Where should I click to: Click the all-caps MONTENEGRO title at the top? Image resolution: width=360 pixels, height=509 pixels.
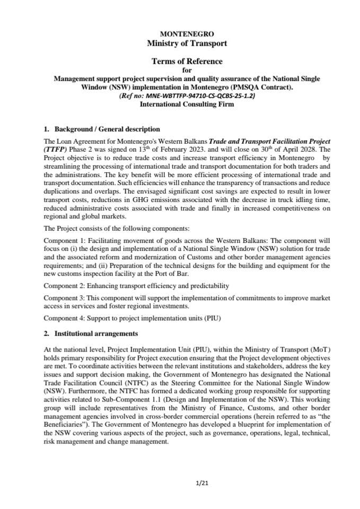[x=179, y=34]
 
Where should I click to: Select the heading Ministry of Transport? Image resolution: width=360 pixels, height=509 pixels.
[x=179, y=43]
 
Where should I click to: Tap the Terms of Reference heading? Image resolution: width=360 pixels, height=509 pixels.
[x=179, y=61]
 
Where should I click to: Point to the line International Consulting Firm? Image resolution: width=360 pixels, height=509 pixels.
[x=179, y=104]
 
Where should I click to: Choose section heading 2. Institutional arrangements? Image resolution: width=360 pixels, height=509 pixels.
[x=91, y=334]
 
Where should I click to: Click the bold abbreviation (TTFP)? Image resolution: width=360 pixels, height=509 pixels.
[x=54, y=150]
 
